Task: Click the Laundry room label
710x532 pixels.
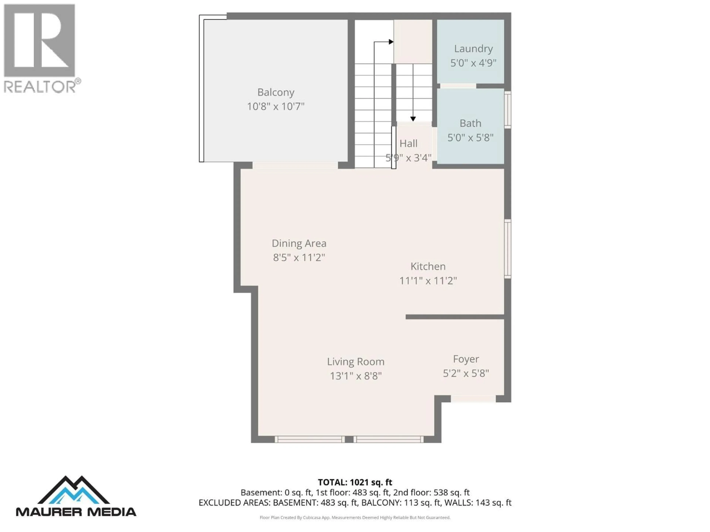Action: point(473,49)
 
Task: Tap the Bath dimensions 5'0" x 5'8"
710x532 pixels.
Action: point(470,138)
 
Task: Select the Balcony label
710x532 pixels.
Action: point(276,92)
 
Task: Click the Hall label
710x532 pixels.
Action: point(408,143)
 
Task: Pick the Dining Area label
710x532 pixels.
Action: point(299,243)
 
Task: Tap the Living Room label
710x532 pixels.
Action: point(355,362)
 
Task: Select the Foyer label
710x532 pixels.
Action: point(466,359)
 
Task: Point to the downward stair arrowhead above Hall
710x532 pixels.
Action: point(413,119)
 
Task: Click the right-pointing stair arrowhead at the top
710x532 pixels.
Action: point(391,42)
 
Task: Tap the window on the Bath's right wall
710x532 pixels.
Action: point(508,110)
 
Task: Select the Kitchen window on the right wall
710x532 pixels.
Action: point(508,248)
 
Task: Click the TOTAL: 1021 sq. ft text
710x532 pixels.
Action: point(355,482)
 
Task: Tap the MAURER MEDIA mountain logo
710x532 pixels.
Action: point(74,490)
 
